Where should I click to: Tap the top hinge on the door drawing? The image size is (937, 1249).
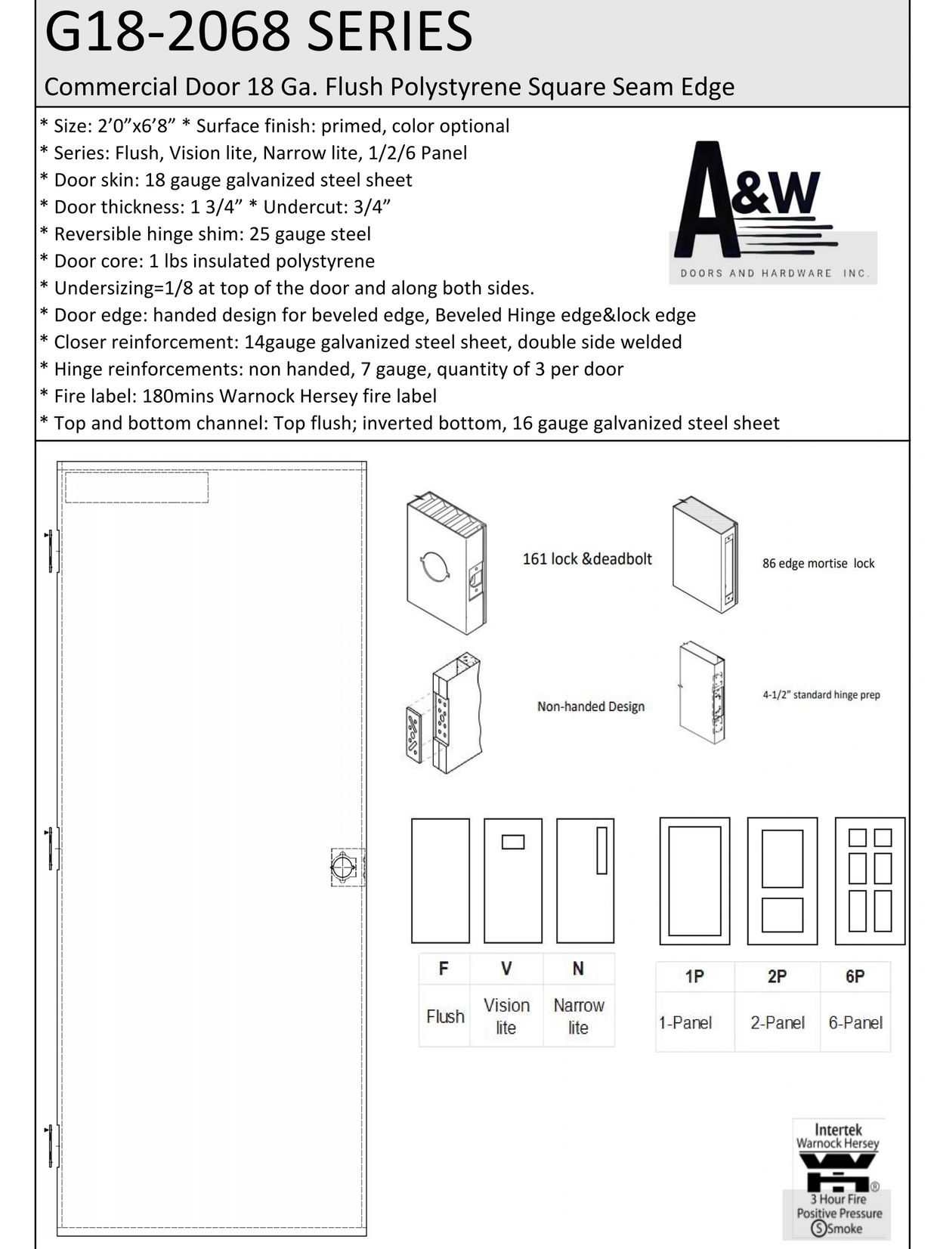click(51, 552)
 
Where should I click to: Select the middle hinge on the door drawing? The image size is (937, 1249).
click(51, 849)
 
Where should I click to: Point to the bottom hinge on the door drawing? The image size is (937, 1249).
click(51, 1147)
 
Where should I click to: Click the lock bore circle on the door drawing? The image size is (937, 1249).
click(342, 867)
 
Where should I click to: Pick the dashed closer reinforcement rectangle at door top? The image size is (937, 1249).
click(137, 487)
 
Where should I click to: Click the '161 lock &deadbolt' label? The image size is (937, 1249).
click(587, 559)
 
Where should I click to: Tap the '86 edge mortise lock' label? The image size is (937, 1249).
click(818, 564)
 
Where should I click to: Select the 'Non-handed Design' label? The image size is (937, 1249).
click(590, 706)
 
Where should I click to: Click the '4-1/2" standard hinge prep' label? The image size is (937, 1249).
click(821, 695)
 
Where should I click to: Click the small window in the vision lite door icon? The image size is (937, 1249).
click(513, 842)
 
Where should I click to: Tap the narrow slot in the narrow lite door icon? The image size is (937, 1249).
click(602, 851)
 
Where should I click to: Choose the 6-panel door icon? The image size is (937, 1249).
click(870, 881)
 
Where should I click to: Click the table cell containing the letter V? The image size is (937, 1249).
click(506, 969)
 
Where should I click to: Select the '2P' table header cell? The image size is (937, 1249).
click(777, 977)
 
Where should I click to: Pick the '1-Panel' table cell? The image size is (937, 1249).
click(685, 1023)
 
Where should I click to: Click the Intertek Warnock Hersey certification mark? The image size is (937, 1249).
click(839, 1178)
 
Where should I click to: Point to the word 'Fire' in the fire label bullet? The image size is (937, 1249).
click(72, 396)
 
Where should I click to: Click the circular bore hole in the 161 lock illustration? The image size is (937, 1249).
click(434, 567)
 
